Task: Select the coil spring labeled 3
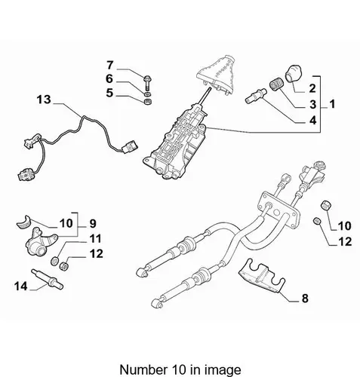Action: coord(277,84)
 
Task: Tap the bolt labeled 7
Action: coord(147,83)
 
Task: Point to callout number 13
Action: coord(44,100)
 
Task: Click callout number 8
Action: coord(305,299)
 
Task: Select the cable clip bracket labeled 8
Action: coord(262,277)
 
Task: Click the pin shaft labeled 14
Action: coord(47,279)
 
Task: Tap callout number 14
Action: coord(20,286)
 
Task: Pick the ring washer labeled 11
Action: coord(54,261)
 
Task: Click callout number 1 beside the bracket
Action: coord(332,104)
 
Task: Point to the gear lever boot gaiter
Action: coord(216,74)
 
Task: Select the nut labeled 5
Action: coord(148,102)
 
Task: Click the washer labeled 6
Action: coord(148,94)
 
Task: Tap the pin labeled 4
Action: coord(256,95)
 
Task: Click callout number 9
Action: coord(93,223)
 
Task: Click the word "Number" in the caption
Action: coord(142,369)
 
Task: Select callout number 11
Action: coord(95,238)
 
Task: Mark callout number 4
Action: coord(312,121)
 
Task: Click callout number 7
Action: coord(109,65)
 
